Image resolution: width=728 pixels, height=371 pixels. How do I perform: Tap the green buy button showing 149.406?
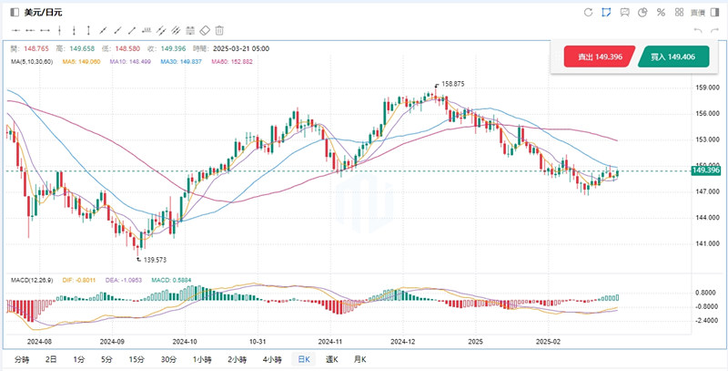coord(674,57)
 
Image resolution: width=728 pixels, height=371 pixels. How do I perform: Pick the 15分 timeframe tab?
coord(136,359)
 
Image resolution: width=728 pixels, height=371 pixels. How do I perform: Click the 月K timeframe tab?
coord(360,359)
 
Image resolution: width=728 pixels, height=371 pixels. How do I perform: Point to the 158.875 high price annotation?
coord(452,84)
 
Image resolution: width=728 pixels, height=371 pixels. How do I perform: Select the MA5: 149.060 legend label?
coord(90,61)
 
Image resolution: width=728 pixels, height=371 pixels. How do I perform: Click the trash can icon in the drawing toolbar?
coord(219,30)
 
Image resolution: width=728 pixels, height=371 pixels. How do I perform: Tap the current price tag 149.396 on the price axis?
coord(706,170)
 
